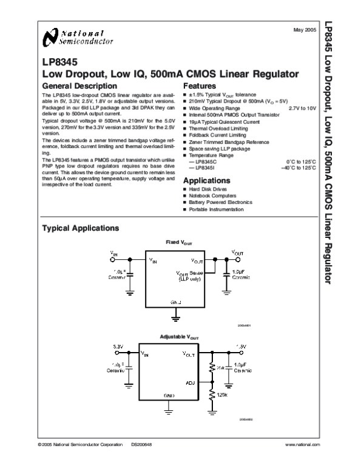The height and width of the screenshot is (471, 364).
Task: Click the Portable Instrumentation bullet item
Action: [x=215, y=209]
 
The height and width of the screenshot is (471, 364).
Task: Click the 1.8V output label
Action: [x=240, y=346]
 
